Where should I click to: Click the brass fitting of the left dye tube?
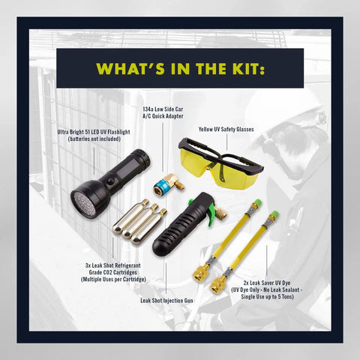[x=201, y=271]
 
